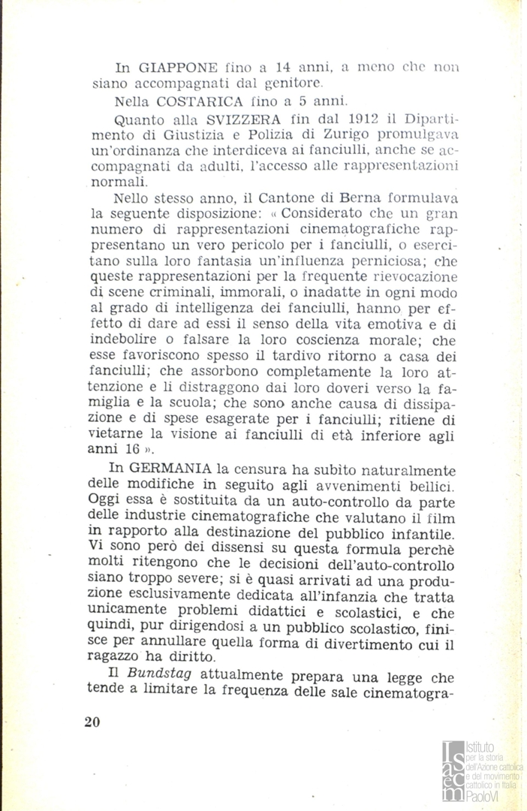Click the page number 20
[x=92, y=722]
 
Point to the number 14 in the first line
[x=315, y=68]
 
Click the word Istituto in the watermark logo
[x=480, y=748]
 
